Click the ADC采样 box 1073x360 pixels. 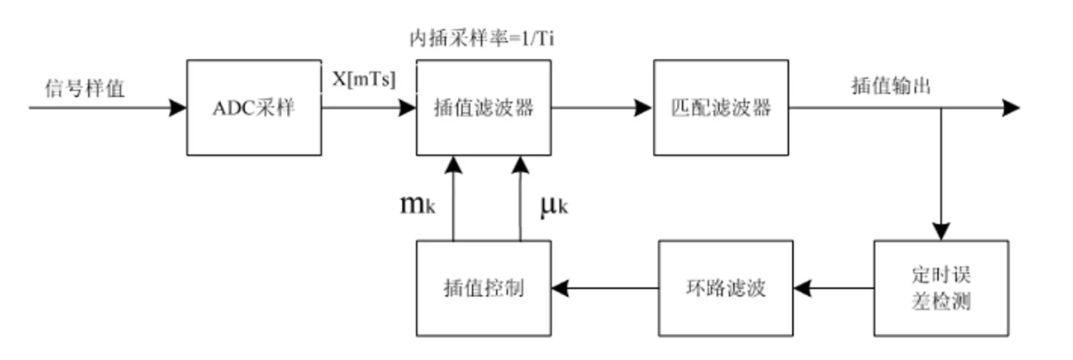point(254,107)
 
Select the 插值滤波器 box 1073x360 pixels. point(483,107)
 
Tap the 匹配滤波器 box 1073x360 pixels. point(721,107)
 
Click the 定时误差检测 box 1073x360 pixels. point(941,288)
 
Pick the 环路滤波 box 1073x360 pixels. point(725,288)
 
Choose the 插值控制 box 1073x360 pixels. point(483,288)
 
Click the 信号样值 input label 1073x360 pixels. point(84,88)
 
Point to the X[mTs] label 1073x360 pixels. point(364,79)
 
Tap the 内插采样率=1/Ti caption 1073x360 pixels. point(482,38)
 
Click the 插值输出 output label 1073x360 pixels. point(891,86)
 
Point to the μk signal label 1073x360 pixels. point(554,206)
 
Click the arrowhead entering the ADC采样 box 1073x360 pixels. point(178,107)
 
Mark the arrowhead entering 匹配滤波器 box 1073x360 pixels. point(643,107)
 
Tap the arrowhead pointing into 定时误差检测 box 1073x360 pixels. point(941,231)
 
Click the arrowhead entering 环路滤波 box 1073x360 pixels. point(803,288)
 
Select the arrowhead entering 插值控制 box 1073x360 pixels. point(561,288)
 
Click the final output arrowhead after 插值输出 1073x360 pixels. point(1011,107)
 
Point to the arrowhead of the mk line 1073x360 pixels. point(453,165)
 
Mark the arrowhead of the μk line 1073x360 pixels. point(520,165)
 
